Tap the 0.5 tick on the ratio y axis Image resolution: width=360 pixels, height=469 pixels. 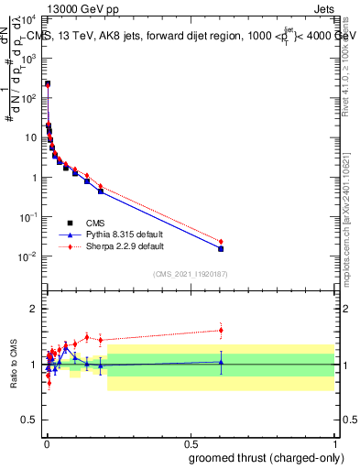(29, 422)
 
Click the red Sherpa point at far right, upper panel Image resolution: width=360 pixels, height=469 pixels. (221, 242)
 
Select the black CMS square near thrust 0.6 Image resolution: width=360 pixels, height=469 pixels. (221, 248)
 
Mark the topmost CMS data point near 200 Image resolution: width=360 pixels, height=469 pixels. (48, 83)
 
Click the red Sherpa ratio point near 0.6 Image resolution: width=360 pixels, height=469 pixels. (221, 330)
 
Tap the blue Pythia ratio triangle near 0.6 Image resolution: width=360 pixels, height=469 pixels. (221, 362)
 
